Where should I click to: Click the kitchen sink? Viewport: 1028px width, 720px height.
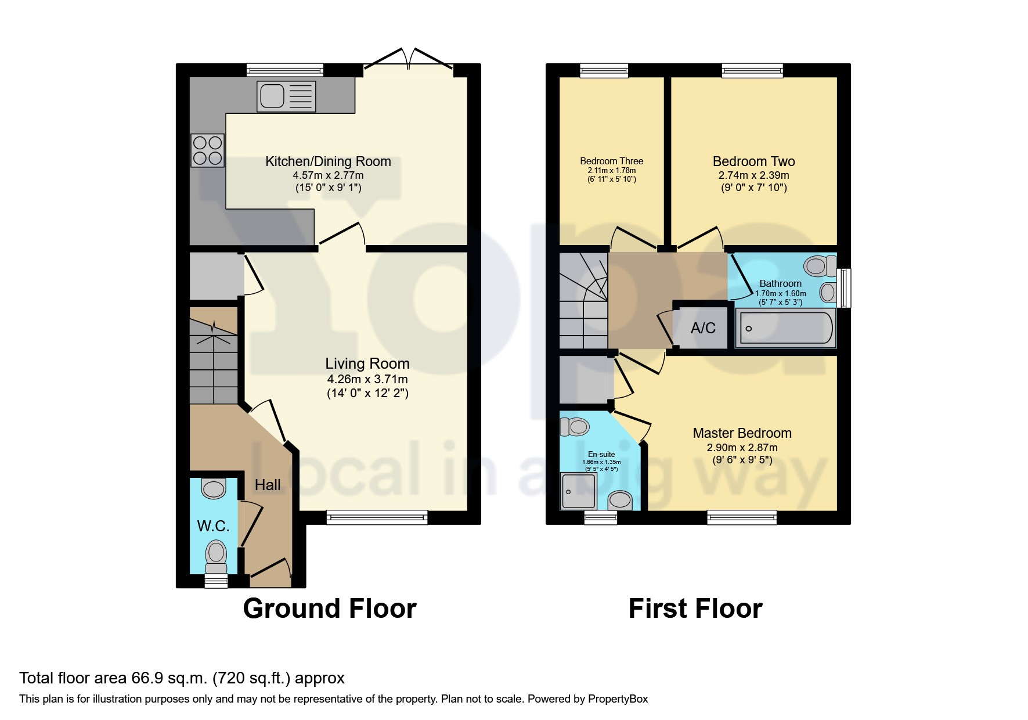point(286,96)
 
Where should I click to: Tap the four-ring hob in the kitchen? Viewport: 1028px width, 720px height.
point(207,150)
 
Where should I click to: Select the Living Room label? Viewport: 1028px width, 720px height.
point(367,363)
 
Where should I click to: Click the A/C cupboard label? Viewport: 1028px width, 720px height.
point(702,328)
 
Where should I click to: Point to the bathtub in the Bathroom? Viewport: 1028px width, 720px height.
point(785,328)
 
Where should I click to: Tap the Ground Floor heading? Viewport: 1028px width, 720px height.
point(329,609)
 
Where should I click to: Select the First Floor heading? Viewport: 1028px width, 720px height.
point(695,609)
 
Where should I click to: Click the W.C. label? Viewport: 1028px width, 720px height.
point(213,526)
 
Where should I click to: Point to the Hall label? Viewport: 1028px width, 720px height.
point(268,485)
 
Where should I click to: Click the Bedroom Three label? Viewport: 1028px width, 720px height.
point(611,161)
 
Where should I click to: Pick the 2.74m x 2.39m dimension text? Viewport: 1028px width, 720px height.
point(753,175)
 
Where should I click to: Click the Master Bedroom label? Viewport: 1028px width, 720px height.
point(742,433)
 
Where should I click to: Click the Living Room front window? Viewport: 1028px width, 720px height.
point(377,517)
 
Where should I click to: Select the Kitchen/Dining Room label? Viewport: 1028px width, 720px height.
point(328,161)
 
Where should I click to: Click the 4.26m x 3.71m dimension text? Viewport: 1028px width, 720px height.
point(367,379)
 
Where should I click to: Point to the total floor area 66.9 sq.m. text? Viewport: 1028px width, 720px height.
point(182,678)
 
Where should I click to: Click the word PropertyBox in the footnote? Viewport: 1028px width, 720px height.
point(618,699)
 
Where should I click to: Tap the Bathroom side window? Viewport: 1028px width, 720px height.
point(846,287)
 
